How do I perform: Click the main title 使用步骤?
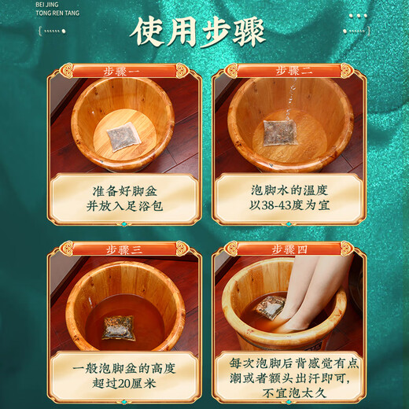204,31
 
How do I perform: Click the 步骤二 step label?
294,71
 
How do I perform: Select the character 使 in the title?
149,31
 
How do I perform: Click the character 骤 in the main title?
260,31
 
